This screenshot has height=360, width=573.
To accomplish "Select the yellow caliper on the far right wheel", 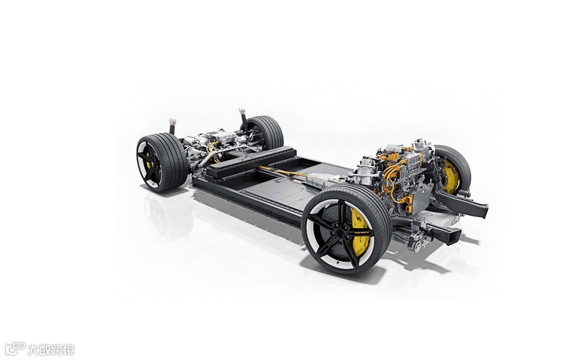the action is coord(450,175).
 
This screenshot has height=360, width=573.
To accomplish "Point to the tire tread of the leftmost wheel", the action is coord(172,161).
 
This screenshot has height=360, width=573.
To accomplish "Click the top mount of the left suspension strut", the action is coord(172,122).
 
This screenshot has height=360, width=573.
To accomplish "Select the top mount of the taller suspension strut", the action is coord(242,111).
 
